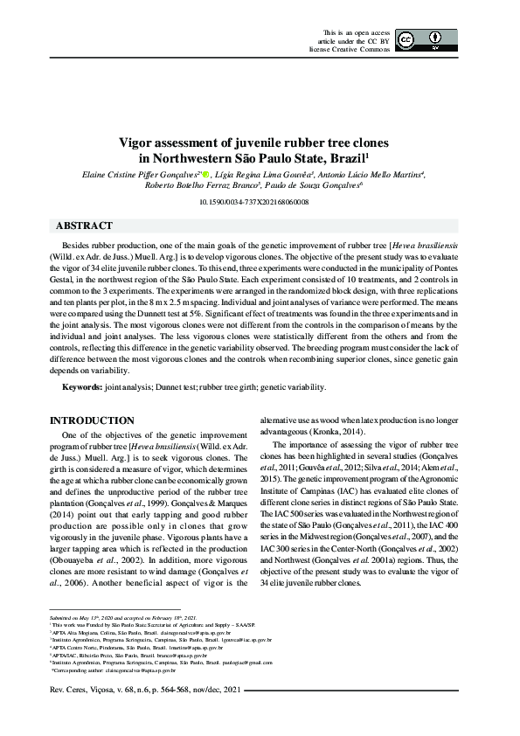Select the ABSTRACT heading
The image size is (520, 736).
tap(84, 226)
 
